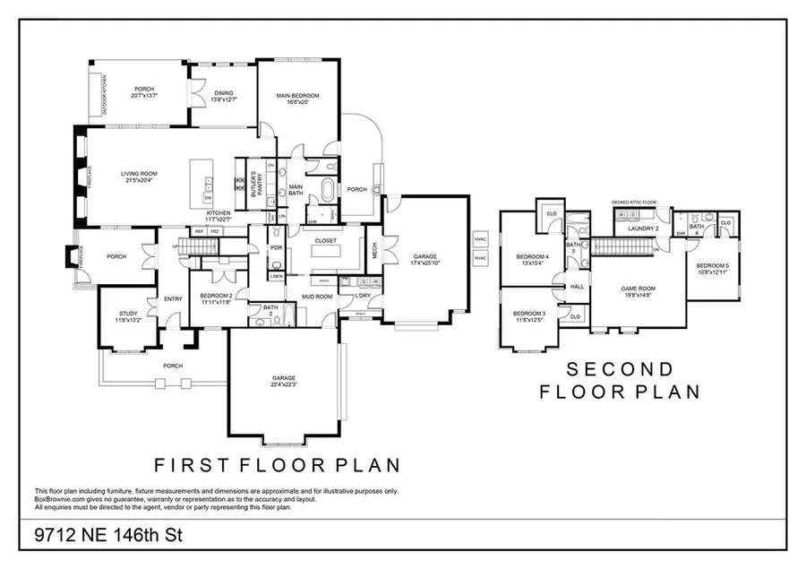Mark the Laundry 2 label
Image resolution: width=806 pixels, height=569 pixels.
pyautogui.click(x=642, y=228)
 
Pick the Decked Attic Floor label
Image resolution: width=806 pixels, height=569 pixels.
pyautogui.click(x=634, y=203)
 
